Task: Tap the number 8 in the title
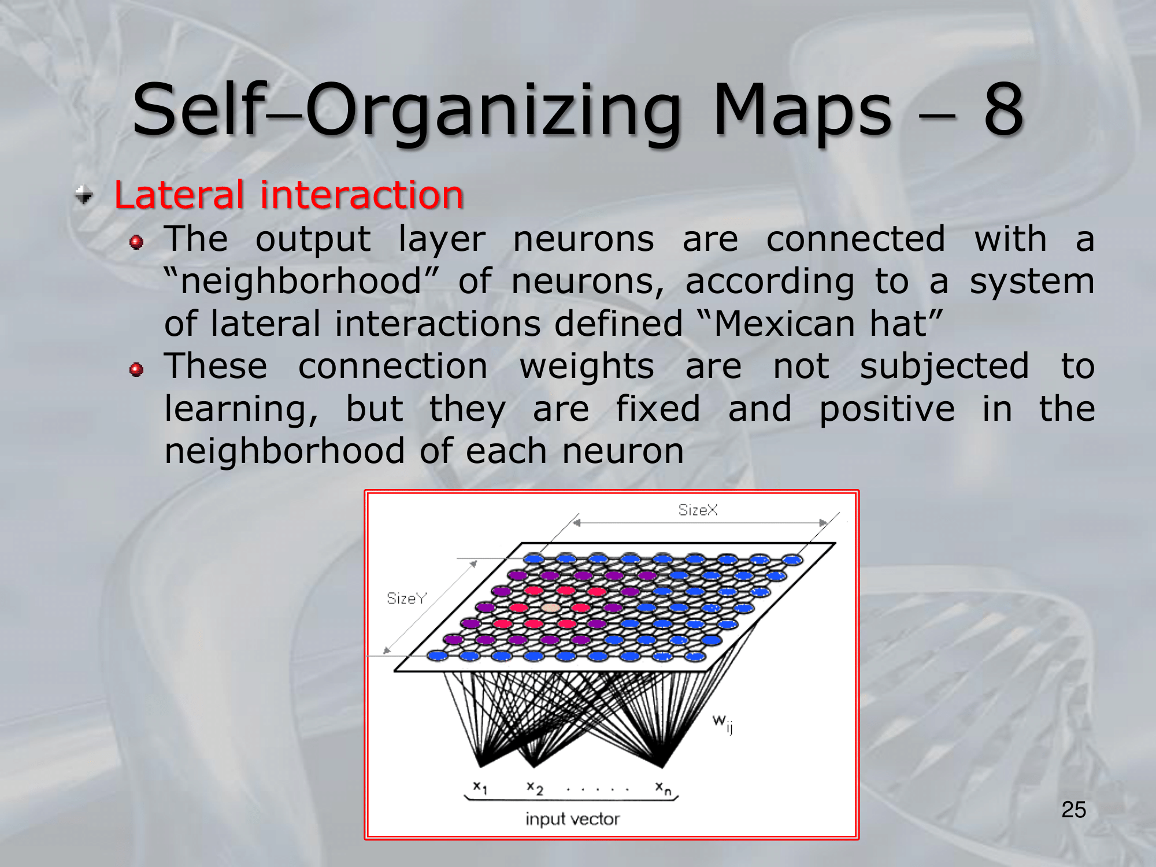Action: tap(1004, 110)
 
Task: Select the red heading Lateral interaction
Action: tap(289, 195)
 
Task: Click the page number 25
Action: tap(1073, 810)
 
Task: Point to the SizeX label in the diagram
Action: tap(698, 510)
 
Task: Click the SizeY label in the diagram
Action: tap(406, 598)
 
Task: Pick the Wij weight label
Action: tap(722, 722)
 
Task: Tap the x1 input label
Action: tap(480, 787)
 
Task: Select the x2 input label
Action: tap(535, 788)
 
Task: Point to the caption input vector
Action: tap(572, 819)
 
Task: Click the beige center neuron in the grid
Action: tap(550, 607)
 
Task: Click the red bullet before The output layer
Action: tap(136, 242)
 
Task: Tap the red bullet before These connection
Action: tap(136, 369)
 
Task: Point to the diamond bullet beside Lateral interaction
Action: tap(84, 195)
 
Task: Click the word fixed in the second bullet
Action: tap(658, 409)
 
